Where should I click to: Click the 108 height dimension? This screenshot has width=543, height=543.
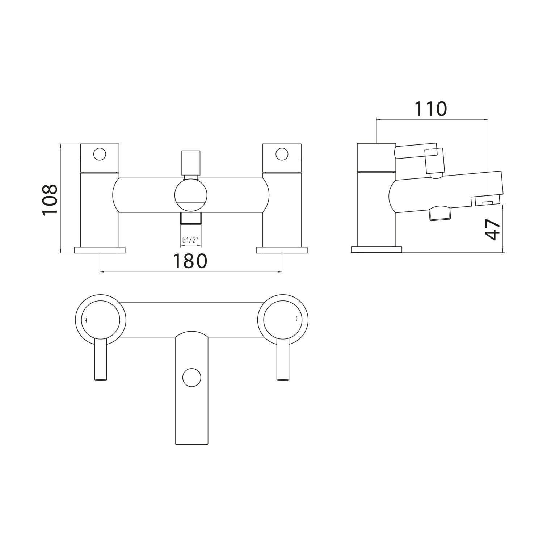point(50,200)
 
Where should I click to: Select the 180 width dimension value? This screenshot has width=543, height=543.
point(190,261)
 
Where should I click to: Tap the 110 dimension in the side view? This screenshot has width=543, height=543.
point(430,109)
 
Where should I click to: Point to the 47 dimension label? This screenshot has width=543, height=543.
point(493,229)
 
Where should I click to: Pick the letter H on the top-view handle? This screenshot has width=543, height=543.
point(85,320)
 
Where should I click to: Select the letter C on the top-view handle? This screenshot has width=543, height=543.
point(297,319)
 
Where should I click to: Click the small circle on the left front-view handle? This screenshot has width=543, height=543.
point(100,154)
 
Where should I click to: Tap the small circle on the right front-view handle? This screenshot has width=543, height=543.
point(282,154)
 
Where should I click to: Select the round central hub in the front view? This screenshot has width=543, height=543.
point(191,196)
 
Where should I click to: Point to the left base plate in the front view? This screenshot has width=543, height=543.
point(100,250)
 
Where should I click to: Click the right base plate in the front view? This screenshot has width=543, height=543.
point(282,250)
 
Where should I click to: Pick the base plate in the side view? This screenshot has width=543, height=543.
point(376,250)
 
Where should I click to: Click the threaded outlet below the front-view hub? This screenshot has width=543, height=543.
point(191,219)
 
